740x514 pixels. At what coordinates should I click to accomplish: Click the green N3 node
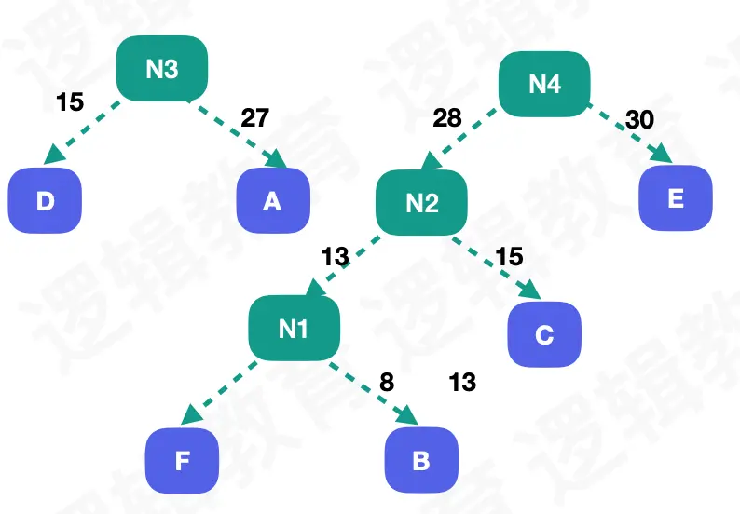[161, 69]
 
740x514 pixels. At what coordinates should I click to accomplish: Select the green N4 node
[545, 83]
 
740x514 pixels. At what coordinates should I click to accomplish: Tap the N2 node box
[421, 203]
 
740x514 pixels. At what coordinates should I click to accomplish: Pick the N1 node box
[293, 328]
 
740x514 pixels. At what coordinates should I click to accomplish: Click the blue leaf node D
[45, 199]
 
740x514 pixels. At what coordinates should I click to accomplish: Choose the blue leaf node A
[271, 199]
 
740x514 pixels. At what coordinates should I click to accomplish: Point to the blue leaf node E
[676, 198]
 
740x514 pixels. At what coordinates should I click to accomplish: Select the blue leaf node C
[544, 334]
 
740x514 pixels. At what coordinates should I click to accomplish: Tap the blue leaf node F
[182, 460]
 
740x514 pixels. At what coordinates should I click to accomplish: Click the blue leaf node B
[421, 460]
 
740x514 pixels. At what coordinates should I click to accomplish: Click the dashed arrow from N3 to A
[239, 131]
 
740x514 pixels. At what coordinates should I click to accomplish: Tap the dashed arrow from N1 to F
[220, 391]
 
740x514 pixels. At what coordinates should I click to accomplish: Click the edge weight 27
[254, 117]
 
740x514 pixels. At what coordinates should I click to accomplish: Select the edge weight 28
[447, 118]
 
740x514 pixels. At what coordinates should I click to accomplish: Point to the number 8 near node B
[387, 382]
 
